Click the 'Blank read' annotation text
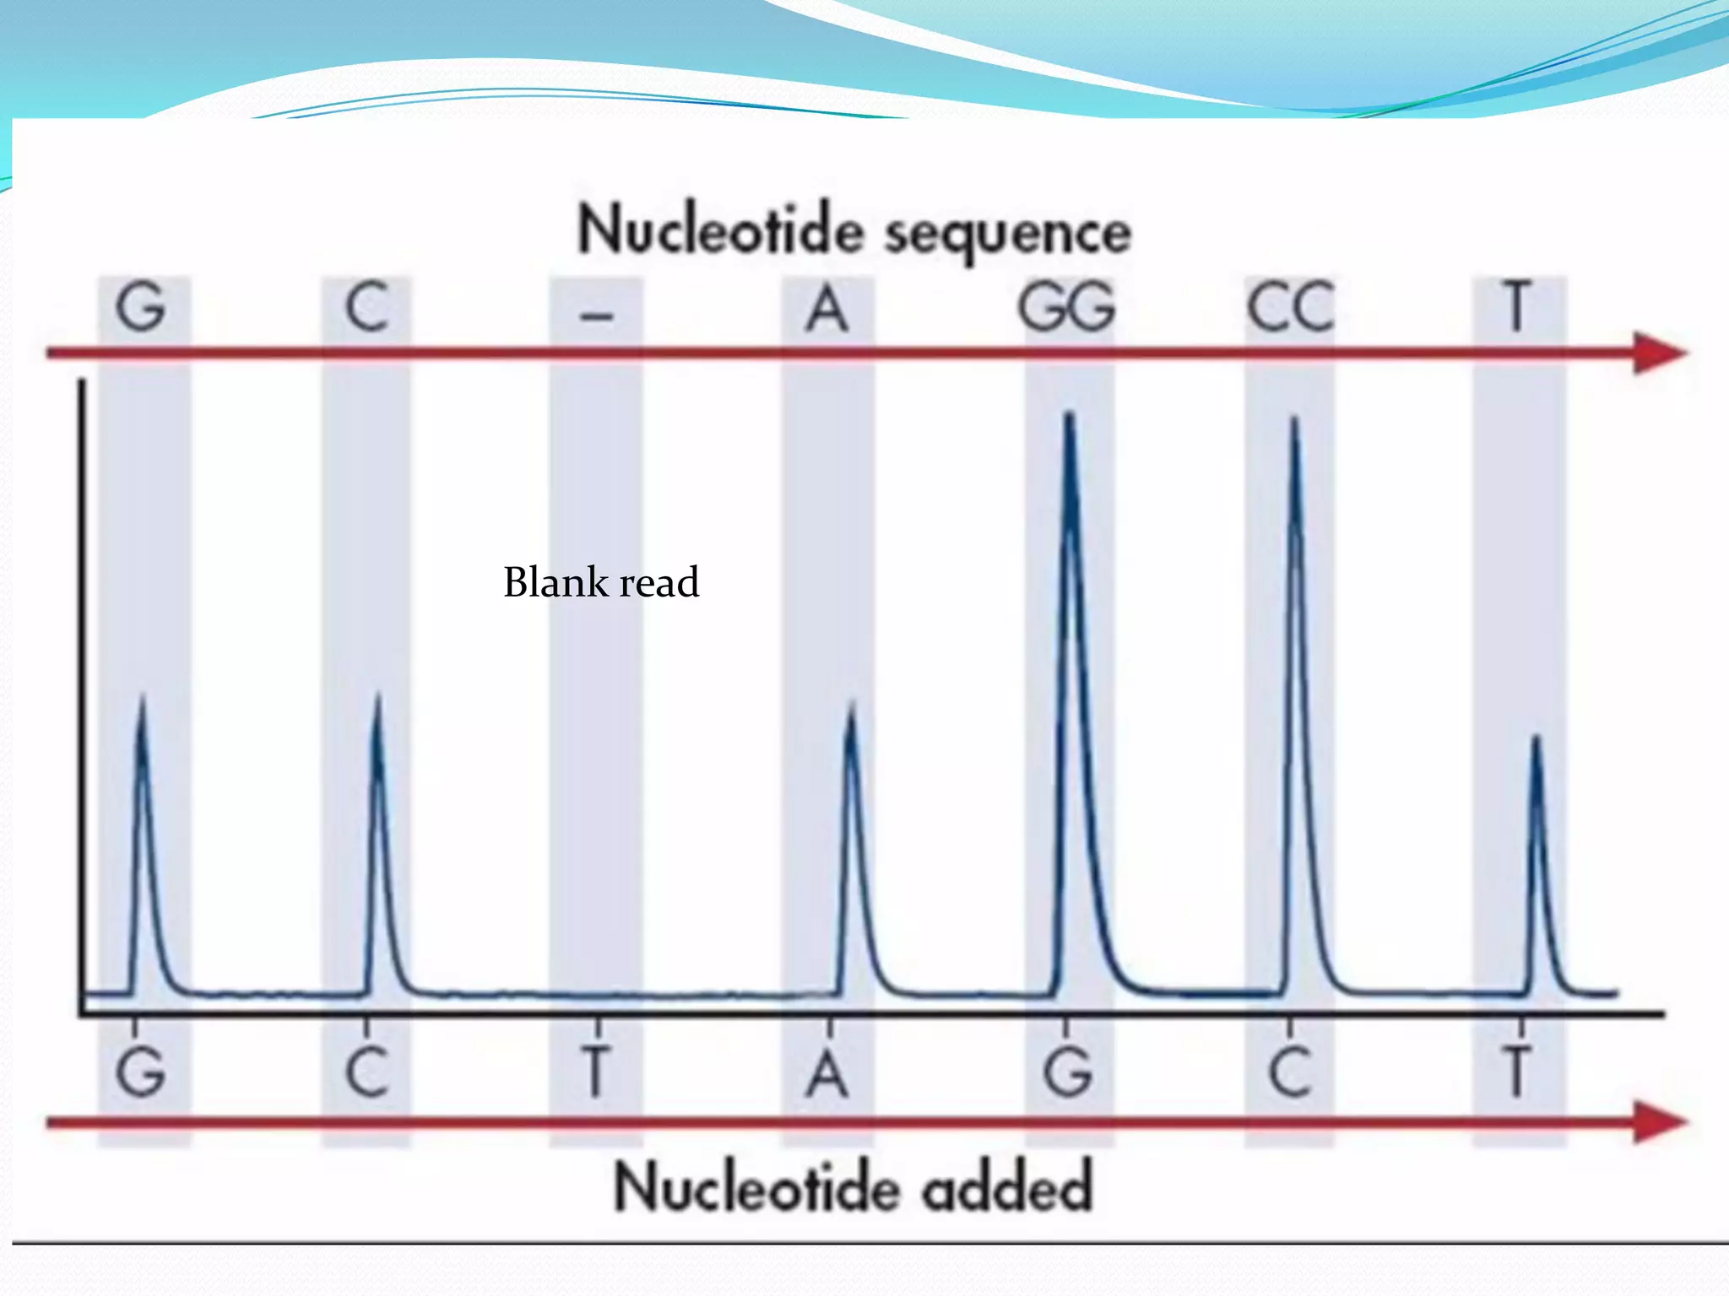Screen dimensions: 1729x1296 coord(601,582)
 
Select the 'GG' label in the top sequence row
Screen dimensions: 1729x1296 coord(1067,307)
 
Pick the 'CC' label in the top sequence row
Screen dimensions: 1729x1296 coord(1291,307)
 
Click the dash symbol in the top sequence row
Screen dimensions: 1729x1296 coord(597,316)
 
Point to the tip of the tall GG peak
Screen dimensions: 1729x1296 coord(1070,415)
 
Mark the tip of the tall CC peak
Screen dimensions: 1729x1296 coord(1294,419)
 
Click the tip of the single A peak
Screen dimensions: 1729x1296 coord(851,705)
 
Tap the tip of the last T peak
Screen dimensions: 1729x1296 coord(1537,739)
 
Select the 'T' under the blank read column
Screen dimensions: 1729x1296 coord(596,1072)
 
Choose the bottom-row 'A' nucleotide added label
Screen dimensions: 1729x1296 coord(827,1073)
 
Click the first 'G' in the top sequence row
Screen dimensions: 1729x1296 coord(140,307)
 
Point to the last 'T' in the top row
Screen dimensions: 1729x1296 coord(1517,307)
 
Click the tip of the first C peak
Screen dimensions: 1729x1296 coord(377,697)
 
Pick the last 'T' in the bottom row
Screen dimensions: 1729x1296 coord(1517,1072)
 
